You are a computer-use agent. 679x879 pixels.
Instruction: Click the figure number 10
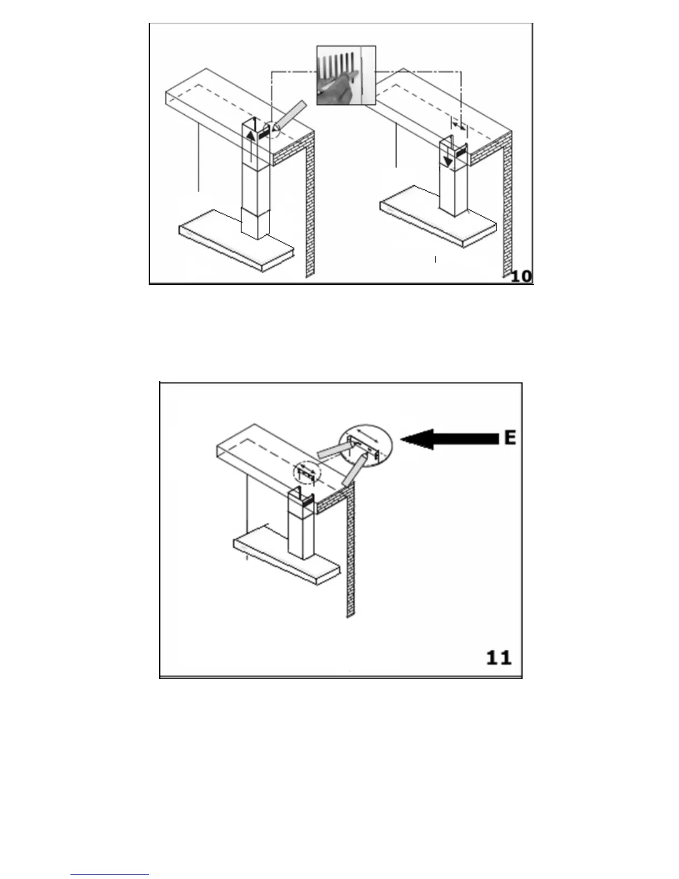[521, 275]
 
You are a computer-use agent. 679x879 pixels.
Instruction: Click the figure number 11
[498, 658]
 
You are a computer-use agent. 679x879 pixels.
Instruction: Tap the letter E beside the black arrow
[510, 438]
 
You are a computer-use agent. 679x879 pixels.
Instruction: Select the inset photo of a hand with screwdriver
[346, 75]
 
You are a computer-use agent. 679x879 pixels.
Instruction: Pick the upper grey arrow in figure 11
[333, 448]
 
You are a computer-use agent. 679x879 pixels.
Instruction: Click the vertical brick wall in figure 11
[350, 555]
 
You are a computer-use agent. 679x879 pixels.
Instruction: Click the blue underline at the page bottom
[110, 875]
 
